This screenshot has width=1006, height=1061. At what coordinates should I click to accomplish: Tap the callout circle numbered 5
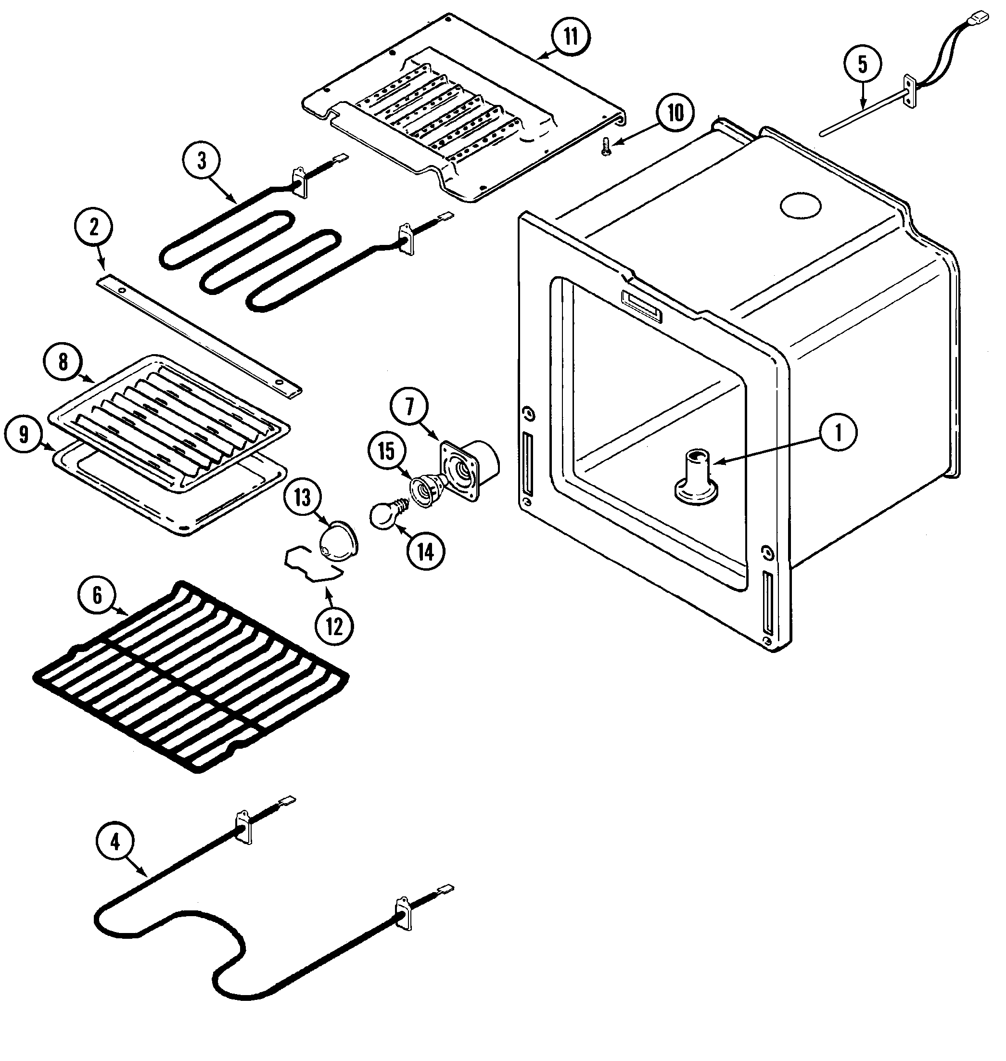point(862,64)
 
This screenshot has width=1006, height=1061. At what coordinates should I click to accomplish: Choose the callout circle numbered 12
point(334,626)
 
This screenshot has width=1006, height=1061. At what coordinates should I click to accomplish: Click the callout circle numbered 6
point(98,595)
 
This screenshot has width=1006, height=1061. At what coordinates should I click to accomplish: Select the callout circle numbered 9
point(24,435)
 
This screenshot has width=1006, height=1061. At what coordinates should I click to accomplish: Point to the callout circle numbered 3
point(202,160)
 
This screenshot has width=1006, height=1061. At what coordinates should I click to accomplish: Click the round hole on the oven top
point(801,205)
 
